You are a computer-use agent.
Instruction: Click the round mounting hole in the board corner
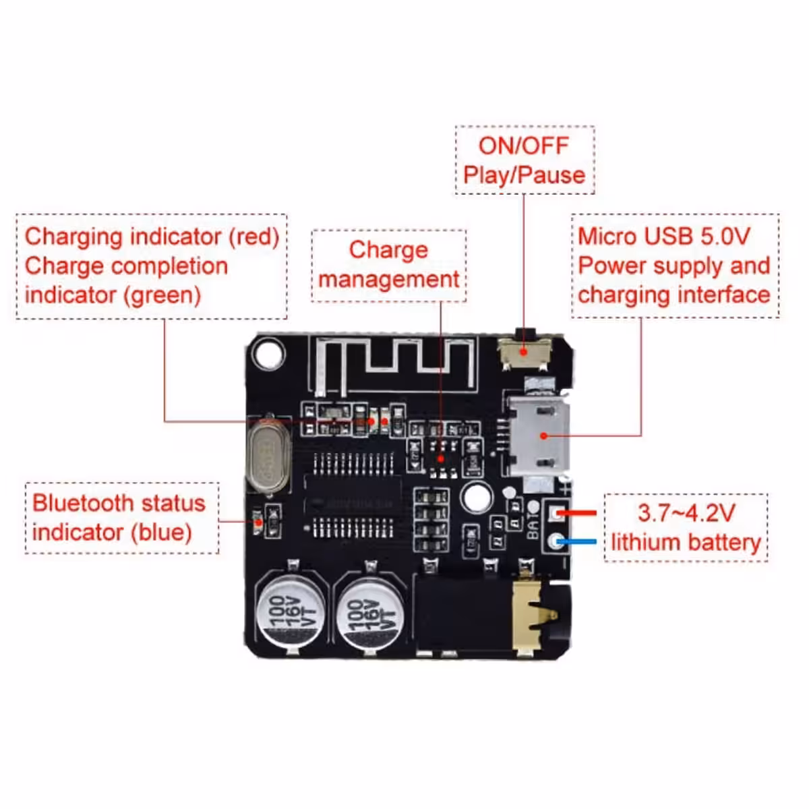[x=269, y=352]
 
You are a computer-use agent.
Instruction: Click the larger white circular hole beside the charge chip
[x=477, y=498]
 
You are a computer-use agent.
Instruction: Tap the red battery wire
[x=576, y=513]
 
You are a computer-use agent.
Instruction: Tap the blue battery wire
[x=576, y=541]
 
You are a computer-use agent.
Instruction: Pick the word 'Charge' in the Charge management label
[x=388, y=249]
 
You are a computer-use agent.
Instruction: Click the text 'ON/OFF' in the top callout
[x=524, y=146]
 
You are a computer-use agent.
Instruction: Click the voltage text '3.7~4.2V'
[x=686, y=513]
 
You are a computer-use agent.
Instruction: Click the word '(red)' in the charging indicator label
[x=253, y=236]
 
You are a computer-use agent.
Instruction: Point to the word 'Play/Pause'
[x=524, y=175]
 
